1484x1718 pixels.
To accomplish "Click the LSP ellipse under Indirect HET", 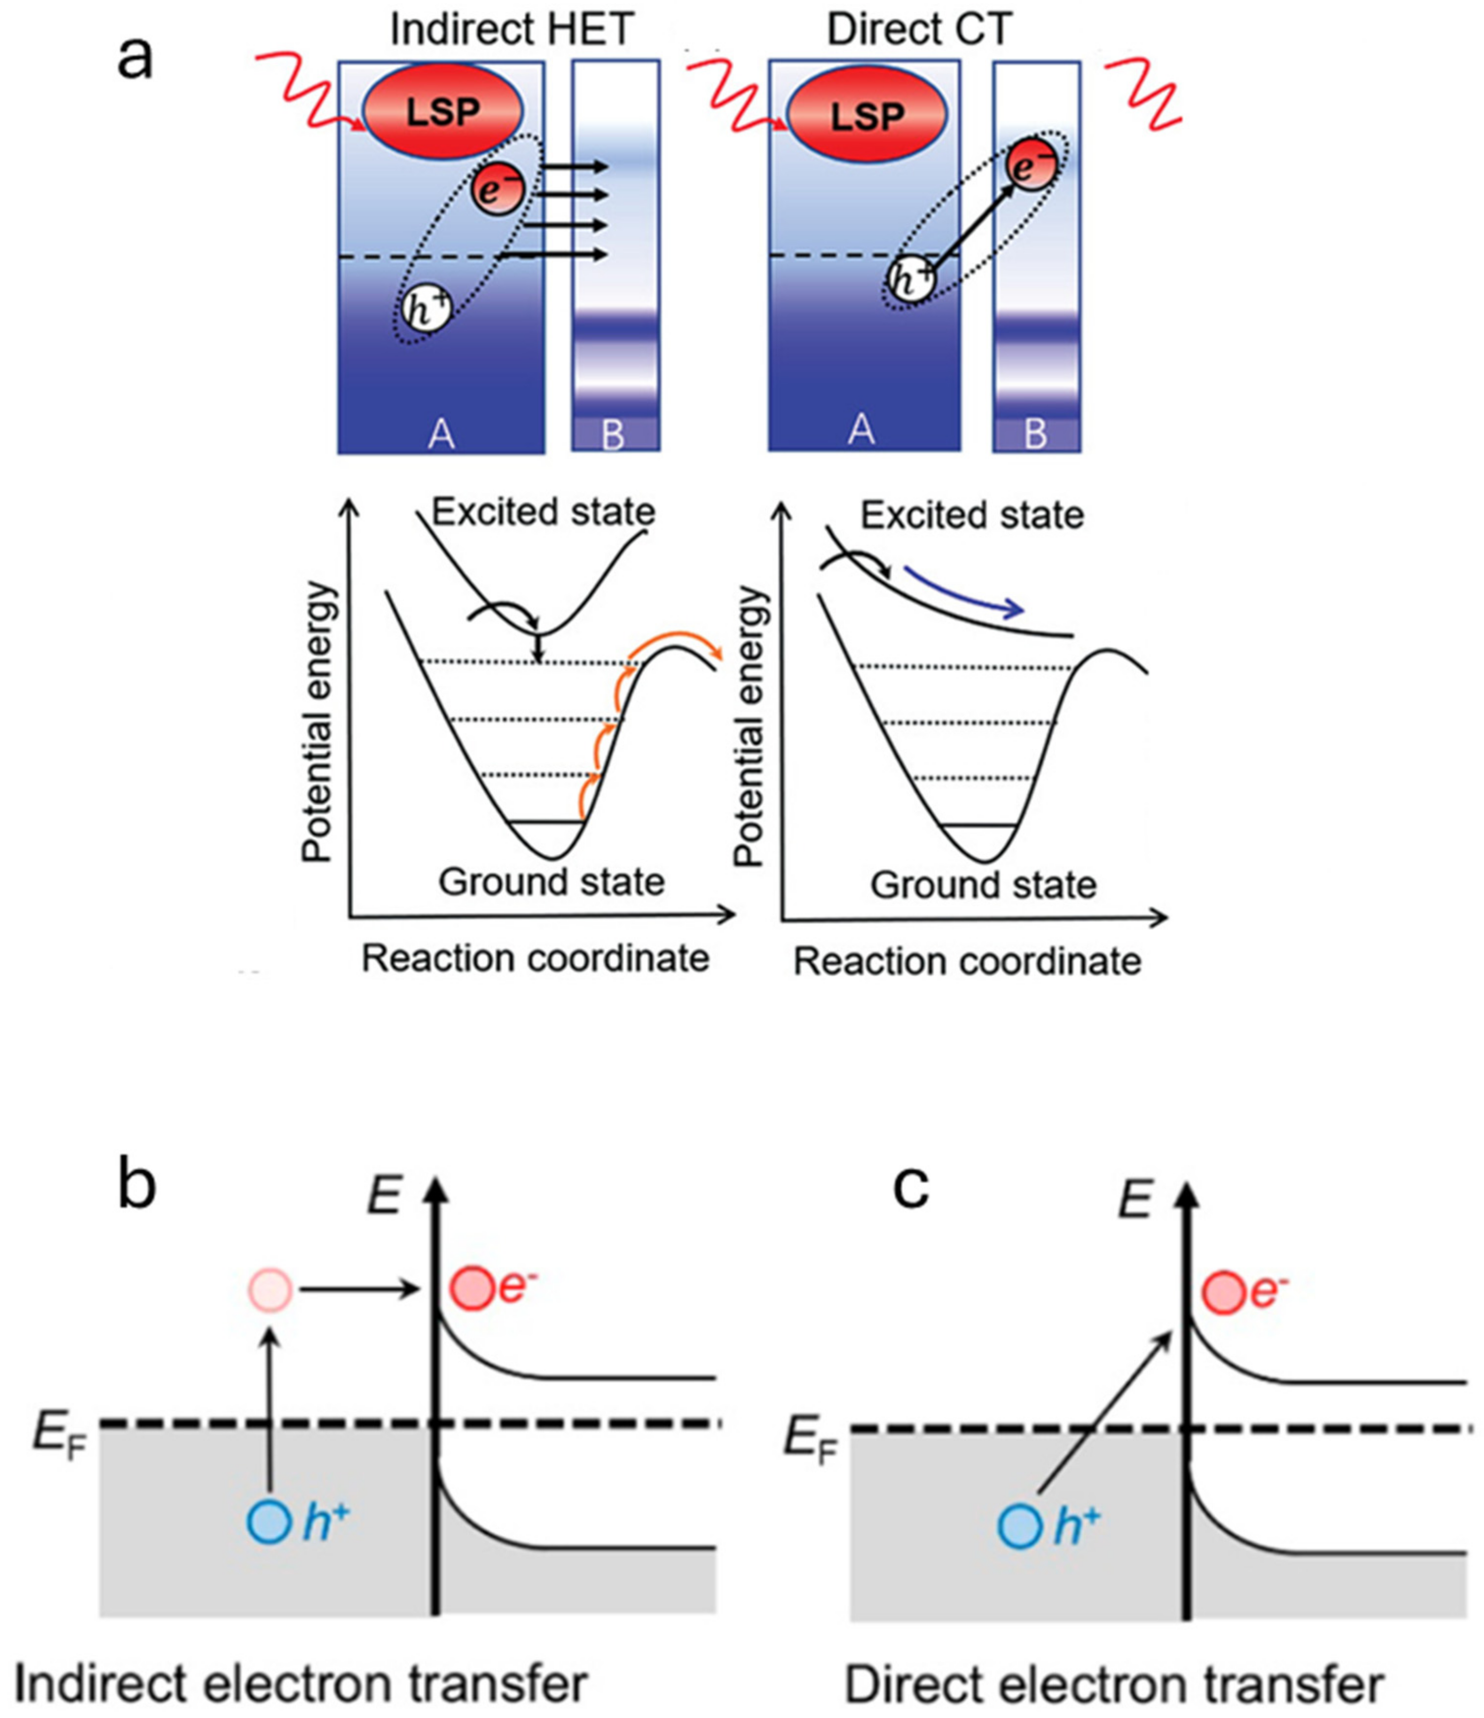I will [443, 110].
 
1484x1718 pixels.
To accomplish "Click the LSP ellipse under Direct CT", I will [867, 114].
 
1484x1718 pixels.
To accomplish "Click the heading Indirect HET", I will [512, 30].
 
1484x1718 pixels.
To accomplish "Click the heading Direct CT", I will [919, 30].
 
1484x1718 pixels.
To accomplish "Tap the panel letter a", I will [135, 60].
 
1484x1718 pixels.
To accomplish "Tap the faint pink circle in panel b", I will [270, 1290].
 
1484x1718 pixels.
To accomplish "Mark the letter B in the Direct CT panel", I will [1036, 433].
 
